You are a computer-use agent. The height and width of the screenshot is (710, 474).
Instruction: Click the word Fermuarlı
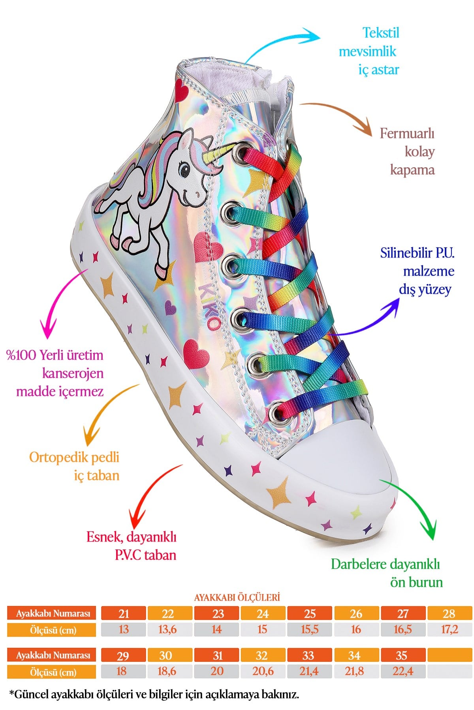click(407, 133)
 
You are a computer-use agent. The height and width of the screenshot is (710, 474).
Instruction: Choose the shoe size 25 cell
click(310, 613)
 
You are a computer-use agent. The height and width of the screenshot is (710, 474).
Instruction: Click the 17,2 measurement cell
click(450, 629)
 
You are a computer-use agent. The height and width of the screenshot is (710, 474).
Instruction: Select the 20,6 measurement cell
click(263, 671)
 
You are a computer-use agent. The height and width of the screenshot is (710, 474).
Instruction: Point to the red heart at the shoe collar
click(181, 90)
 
